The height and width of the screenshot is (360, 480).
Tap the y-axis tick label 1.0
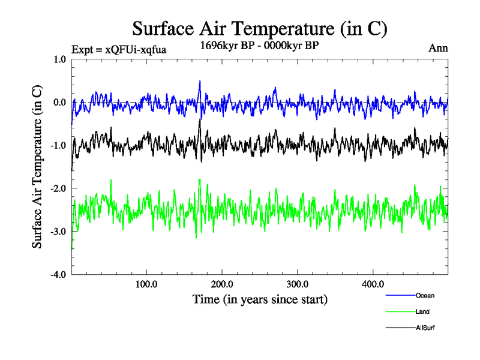(x=59, y=59)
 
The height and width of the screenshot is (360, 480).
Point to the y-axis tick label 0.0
(x=59, y=103)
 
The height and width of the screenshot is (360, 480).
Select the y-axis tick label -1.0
(x=58, y=146)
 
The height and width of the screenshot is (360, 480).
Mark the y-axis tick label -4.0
(x=58, y=275)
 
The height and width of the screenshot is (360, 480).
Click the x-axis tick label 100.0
(x=146, y=284)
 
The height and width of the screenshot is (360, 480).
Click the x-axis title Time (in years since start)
(x=260, y=299)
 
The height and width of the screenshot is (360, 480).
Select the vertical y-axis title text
(x=37, y=167)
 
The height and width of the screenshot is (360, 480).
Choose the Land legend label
(x=422, y=312)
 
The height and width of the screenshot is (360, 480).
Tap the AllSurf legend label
(x=425, y=328)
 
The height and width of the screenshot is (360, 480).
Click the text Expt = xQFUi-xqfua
(x=118, y=49)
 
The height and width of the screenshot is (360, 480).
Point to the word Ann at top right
(x=438, y=48)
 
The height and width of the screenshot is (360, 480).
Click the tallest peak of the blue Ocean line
(x=200, y=81)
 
